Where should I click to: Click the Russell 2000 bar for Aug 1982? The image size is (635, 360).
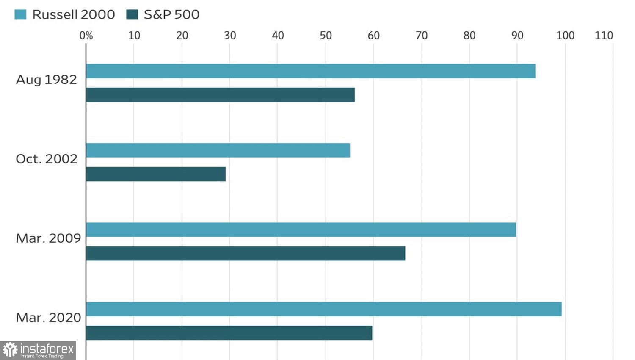click(310, 71)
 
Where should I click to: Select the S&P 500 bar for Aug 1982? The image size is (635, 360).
click(220, 95)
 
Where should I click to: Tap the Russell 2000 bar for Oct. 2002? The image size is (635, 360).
click(218, 150)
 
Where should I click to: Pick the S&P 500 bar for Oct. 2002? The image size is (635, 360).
click(155, 174)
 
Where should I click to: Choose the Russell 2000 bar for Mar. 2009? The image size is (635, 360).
click(301, 230)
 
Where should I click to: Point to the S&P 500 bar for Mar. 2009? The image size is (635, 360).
click(245, 253)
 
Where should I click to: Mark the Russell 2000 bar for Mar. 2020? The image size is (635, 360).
click(323, 309)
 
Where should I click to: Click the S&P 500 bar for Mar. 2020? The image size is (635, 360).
click(229, 333)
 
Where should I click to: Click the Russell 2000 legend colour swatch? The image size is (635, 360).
click(20, 14)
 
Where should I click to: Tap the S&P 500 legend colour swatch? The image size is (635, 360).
click(132, 14)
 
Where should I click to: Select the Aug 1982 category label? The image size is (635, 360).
click(46, 80)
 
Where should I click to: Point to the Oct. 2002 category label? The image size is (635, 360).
click(47, 159)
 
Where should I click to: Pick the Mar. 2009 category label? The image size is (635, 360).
click(48, 238)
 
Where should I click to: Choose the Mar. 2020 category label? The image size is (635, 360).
click(48, 317)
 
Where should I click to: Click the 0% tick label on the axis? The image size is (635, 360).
click(86, 36)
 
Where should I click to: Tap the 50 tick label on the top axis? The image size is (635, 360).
click(326, 36)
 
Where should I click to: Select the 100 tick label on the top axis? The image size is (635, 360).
click(565, 36)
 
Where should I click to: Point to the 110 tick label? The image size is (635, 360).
click(604, 36)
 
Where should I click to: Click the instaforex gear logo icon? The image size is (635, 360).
click(10, 350)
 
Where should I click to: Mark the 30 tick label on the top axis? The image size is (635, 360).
click(230, 36)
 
